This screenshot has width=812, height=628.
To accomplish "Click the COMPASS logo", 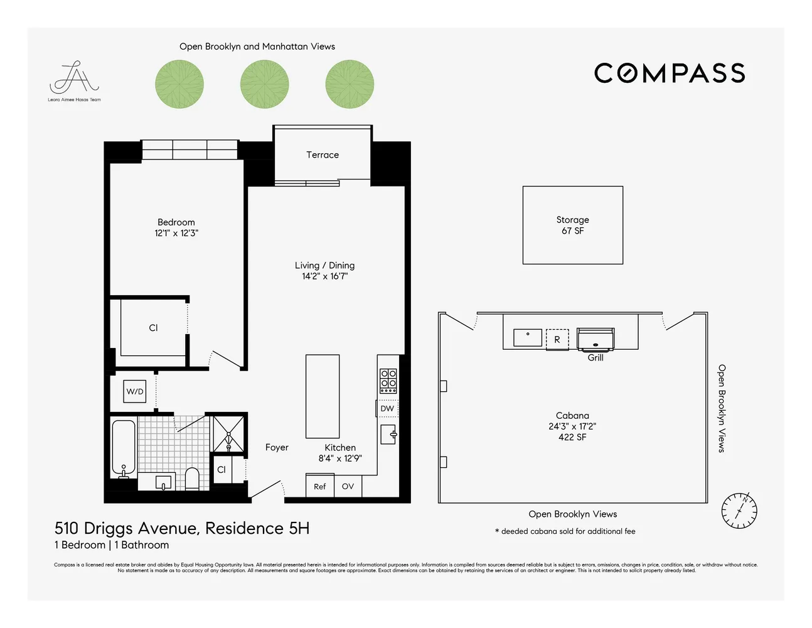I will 669,73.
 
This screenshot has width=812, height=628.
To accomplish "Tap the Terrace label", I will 322,154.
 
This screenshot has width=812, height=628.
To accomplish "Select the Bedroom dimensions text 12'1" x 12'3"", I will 176,233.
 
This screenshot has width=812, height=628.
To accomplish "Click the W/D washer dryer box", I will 135,391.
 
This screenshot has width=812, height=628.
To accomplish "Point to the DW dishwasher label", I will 387,408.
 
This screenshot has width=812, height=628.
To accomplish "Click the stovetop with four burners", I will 388,381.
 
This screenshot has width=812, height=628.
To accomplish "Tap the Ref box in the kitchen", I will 319,486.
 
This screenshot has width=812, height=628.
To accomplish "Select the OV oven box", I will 348,486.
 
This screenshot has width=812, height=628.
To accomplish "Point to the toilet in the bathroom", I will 192,479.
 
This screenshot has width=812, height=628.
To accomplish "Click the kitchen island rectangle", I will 323,396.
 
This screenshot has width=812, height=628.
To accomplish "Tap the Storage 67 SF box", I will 572,225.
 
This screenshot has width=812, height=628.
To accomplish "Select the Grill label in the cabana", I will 595,357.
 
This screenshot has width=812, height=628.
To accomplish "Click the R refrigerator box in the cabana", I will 557,339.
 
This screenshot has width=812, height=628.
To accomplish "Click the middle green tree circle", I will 264,84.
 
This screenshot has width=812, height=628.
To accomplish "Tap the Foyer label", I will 277,447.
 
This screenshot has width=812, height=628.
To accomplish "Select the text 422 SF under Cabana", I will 572,437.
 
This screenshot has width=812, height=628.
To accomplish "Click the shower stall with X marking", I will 228,433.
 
